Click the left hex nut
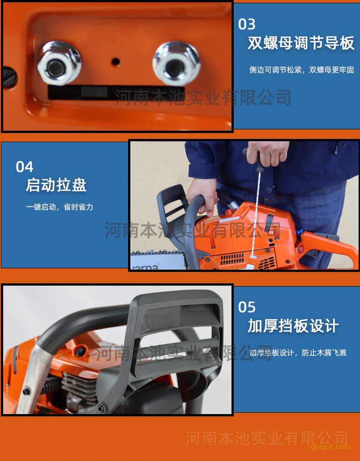[x=58, y=63]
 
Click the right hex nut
[x=176, y=63]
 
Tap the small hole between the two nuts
[x=116, y=62]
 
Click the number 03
[x=247, y=24]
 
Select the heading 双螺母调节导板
[x=301, y=43]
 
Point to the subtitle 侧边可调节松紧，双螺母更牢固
[x=302, y=70]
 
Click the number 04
[x=25, y=167]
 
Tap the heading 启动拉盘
[x=56, y=185]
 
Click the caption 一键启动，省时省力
[x=60, y=207]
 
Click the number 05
[x=247, y=307]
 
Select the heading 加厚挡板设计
[x=293, y=326]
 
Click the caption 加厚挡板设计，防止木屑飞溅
[x=298, y=353]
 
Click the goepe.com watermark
[x=330, y=447]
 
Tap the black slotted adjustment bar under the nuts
[x=116, y=92]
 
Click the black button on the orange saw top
[x=79, y=352]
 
